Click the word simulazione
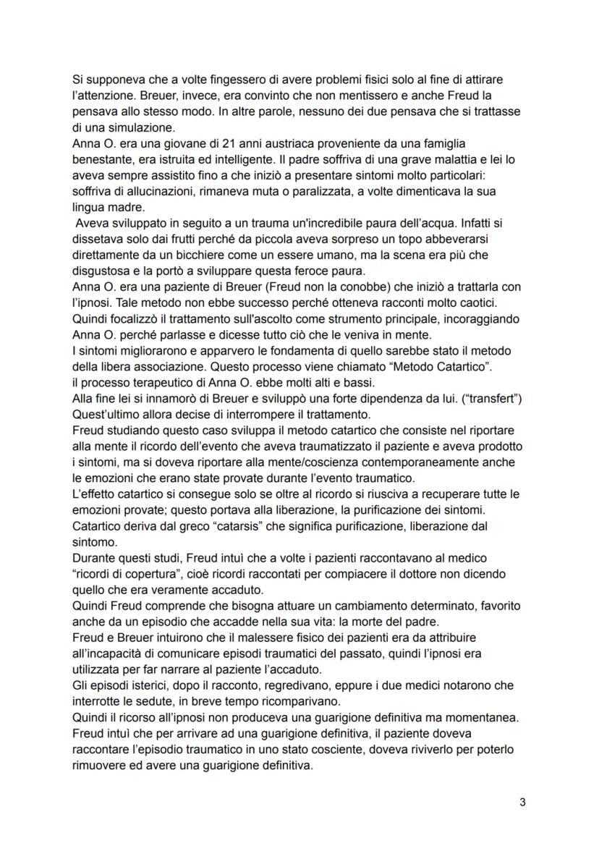[121, 126]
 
